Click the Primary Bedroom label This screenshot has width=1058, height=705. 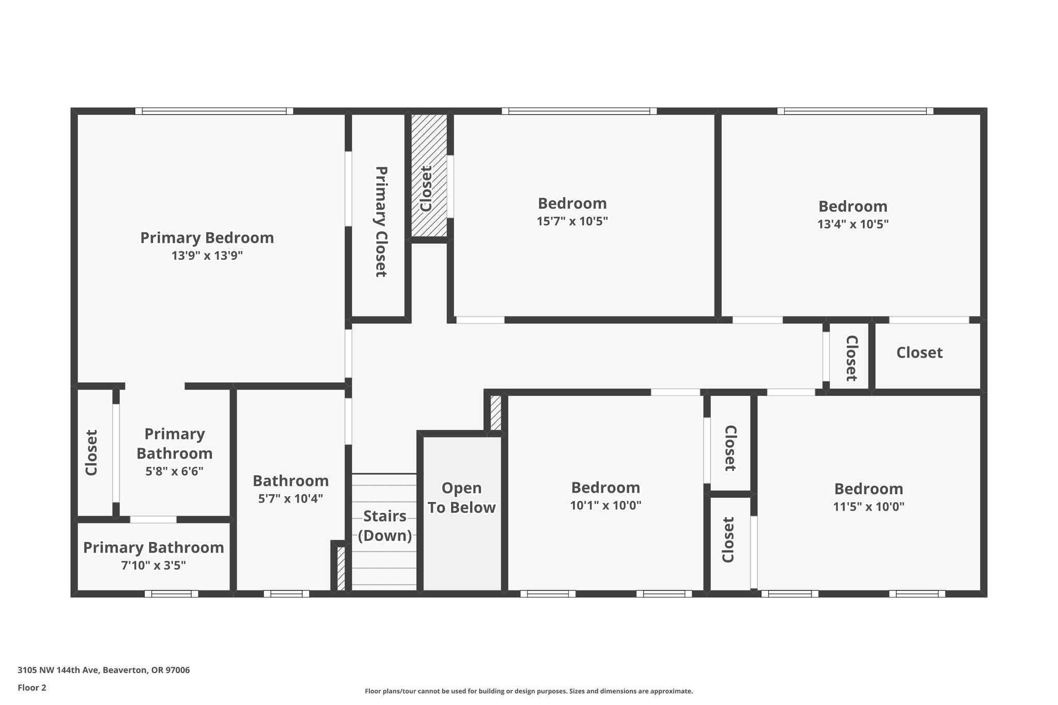point(207,238)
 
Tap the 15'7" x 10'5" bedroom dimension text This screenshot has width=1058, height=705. point(572,222)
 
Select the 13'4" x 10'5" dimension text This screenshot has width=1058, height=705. point(852,225)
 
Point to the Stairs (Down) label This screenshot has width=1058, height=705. point(385,526)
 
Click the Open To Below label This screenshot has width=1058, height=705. point(461,498)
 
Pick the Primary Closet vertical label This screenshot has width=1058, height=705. point(381,222)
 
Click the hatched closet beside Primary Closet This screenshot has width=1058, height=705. point(429,176)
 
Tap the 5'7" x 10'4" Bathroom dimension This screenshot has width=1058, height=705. point(290,499)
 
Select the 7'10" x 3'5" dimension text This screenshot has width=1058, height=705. point(153,566)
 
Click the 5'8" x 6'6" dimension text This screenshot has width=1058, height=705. point(174,472)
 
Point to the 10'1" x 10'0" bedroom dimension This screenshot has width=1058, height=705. point(605,506)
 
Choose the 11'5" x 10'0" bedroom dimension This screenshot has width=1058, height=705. point(868,507)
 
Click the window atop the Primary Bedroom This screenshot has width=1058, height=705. point(214,111)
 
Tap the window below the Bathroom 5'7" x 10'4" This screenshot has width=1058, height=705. point(286,594)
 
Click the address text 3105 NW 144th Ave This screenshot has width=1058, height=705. point(103,670)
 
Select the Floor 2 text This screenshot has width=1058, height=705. point(32,688)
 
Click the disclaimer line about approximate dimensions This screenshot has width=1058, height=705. point(528,691)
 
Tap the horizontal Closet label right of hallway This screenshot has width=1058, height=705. point(919,353)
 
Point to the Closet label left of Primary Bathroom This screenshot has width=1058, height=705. point(91,453)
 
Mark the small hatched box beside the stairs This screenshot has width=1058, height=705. point(341,568)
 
